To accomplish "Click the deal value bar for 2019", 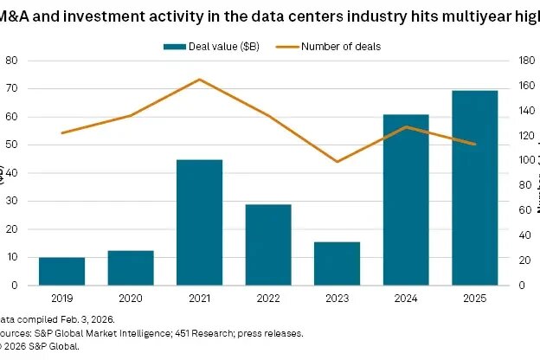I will pos(61,271).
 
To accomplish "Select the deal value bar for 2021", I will pos(200,222).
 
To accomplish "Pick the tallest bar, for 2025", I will pos(475,188).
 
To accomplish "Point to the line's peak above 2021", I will pos(200,80).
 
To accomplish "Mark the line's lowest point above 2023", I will pos(337,162).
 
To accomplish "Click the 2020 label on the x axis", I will pos(131,299).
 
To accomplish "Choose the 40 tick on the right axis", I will pos(515,235).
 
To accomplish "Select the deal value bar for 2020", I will pos(131,267).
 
